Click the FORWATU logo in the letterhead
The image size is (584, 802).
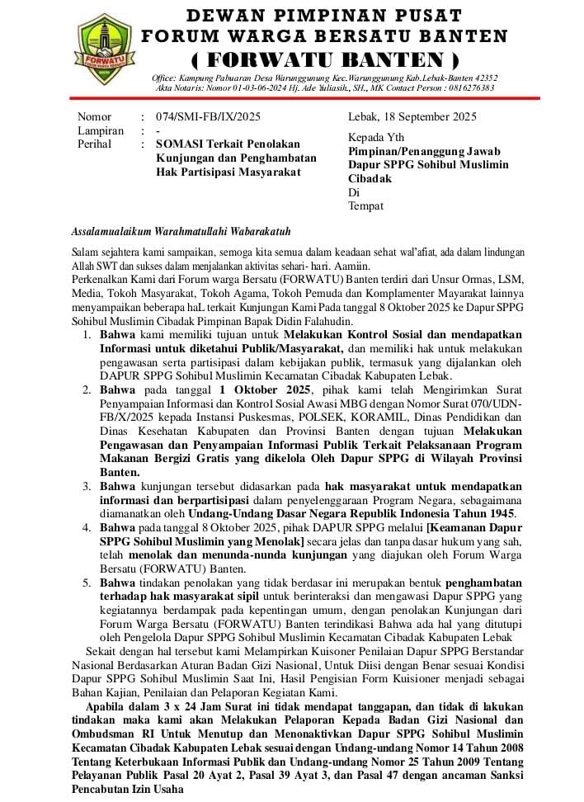coord(103,50)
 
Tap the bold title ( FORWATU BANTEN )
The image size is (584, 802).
coord(325,59)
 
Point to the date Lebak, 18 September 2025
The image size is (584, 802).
coord(412,117)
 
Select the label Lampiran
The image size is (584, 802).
coord(101,130)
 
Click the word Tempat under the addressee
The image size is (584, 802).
coord(365,206)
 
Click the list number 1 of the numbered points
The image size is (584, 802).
coord(87,336)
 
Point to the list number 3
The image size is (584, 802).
coord(87,486)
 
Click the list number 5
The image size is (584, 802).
coord(87,583)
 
